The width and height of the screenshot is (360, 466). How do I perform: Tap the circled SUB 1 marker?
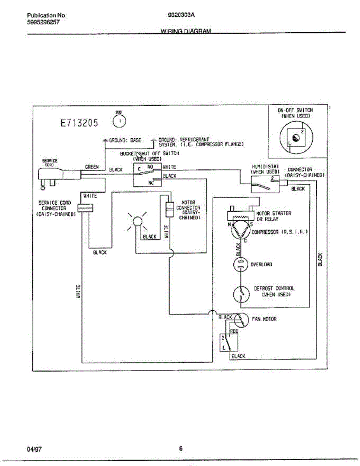point(118,122)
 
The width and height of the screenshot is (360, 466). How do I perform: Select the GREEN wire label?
point(92,167)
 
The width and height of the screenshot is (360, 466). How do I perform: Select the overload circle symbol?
point(240,264)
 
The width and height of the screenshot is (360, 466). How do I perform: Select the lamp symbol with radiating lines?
point(137,221)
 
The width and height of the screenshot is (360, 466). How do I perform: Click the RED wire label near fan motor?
point(234,331)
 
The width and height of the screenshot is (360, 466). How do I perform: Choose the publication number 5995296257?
point(43,22)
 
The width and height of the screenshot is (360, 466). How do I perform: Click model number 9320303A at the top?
point(181,16)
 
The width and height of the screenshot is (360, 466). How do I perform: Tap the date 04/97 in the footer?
point(34,449)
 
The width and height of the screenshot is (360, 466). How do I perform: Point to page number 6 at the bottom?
point(181,449)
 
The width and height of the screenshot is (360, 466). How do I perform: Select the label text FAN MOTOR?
point(264,319)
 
